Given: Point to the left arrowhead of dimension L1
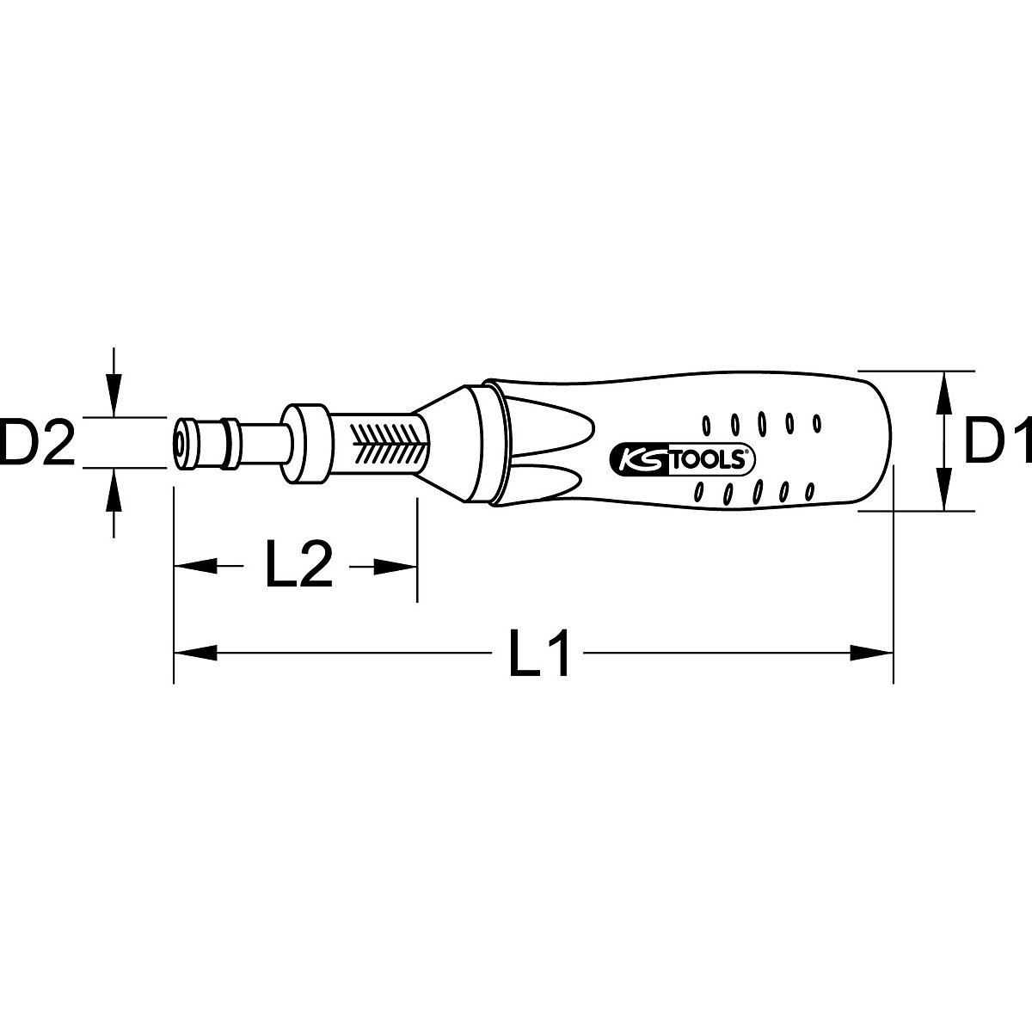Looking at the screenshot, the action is point(193,654).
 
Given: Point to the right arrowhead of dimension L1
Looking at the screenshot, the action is point(874,654).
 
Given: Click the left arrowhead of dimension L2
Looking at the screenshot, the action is point(193,565).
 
